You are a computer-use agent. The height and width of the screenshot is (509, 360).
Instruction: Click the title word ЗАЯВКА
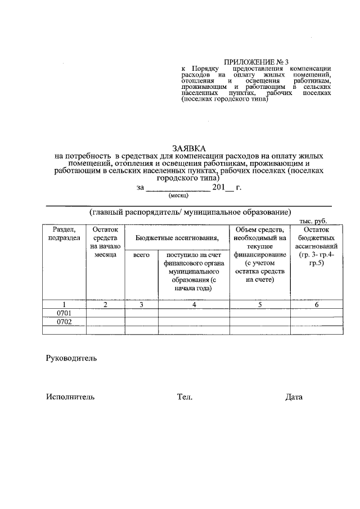189,147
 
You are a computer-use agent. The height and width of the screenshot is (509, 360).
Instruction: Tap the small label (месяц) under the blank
178,196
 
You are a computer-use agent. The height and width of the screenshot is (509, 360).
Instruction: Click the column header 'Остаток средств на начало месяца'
105,242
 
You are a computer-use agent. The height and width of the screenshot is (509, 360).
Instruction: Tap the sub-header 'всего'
141,255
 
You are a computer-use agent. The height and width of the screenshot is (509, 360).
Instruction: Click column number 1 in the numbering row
64,305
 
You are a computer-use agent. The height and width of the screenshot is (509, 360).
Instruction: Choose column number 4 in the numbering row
193,305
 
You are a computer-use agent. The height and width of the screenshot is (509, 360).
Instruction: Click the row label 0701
64,313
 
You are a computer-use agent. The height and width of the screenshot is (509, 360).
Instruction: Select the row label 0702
64,322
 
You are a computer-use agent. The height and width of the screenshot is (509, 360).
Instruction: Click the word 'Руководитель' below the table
71,358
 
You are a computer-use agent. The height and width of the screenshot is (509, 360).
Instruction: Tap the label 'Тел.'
184,397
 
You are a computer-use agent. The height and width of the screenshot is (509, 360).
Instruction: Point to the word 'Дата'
294,397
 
